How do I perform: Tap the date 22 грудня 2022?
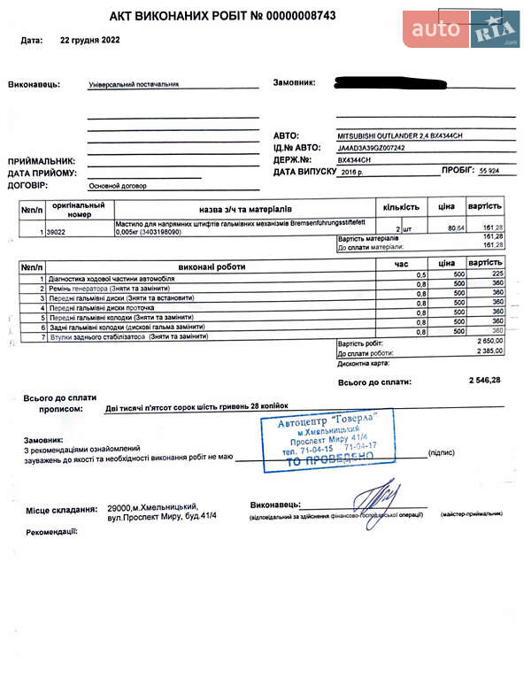pyautogui.click(x=90, y=41)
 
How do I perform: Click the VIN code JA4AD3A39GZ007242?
pyautogui.click(x=372, y=148)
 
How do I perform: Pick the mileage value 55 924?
pyautogui.click(x=489, y=170)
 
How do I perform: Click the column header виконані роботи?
pyautogui.click(x=212, y=266)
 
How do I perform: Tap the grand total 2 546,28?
pyautogui.click(x=484, y=381)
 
